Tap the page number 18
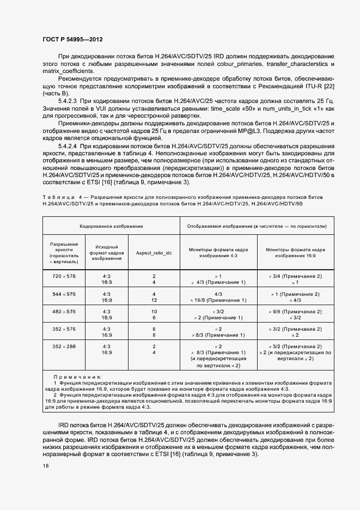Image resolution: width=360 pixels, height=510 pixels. (46, 466)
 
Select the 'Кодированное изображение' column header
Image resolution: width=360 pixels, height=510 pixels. (111, 225)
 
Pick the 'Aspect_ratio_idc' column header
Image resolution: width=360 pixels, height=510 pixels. (154, 253)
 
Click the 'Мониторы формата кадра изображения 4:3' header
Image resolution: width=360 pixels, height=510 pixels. (218, 252)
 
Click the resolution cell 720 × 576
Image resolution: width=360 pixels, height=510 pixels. (64, 277)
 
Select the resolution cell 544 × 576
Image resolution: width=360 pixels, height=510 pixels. (64, 294)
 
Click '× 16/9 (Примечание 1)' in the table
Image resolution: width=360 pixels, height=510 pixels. (218, 300)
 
